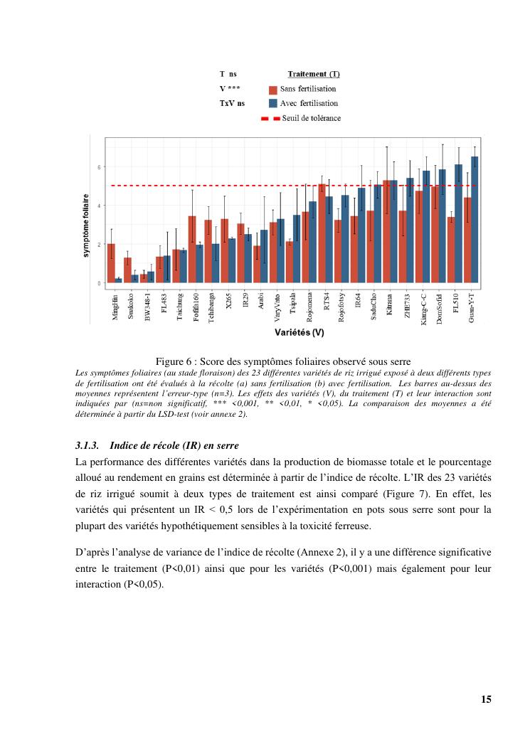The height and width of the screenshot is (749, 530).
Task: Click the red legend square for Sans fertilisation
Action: (273, 90)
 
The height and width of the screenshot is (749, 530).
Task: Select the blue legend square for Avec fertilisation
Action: (273, 104)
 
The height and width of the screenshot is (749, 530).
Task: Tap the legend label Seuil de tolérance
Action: (311, 118)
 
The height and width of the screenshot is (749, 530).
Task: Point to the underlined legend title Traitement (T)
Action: (313, 74)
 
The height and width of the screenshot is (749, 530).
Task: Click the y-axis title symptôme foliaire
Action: (87, 226)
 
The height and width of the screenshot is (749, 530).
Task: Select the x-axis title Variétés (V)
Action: (299, 332)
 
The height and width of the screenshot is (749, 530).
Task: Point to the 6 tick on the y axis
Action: (99, 167)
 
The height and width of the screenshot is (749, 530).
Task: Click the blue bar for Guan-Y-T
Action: (475, 220)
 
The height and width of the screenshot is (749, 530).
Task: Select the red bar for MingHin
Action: (111, 263)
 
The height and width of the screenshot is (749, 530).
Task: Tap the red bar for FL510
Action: (451, 250)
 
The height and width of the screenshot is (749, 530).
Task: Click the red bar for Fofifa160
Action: (192, 249)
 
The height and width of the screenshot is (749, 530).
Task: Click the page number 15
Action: (486, 699)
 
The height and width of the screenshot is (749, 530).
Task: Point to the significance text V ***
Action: (230, 89)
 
